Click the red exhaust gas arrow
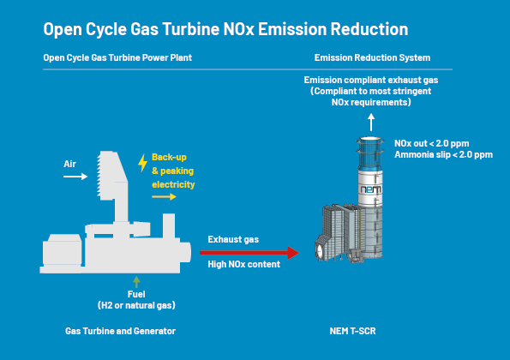coord(249,253)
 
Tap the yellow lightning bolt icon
coord(142,163)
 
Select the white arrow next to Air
coord(75,177)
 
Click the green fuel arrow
coord(136,282)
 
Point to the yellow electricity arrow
coord(164,196)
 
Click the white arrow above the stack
coord(371,123)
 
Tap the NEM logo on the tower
coord(371,189)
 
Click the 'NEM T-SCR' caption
coord(352,331)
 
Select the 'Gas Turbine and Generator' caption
coord(120,331)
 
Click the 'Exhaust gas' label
coord(233,239)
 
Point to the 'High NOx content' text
coord(244,264)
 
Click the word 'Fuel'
coord(136,294)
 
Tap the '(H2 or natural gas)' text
coord(136,305)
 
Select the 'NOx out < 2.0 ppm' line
coord(432,143)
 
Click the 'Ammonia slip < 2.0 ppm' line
coord(444,154)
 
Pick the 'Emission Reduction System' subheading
coord(372,57)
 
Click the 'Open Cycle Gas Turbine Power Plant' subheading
coord(117,57)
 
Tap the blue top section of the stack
coord(370,153)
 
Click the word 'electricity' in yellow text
coord(173,184)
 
